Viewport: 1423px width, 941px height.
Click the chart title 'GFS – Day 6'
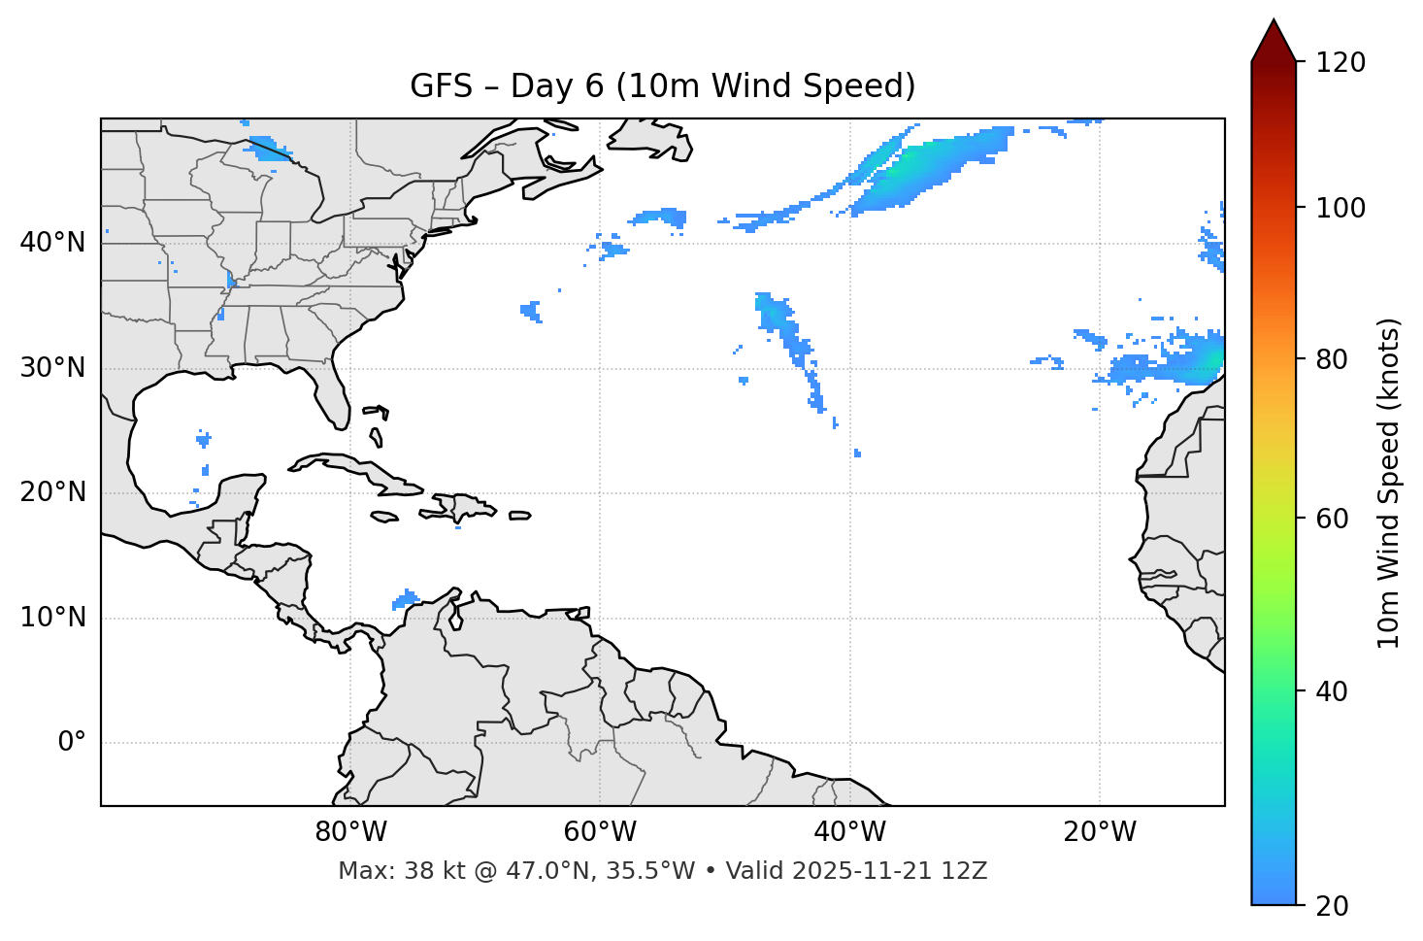662,86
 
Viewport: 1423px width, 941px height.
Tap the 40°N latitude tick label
52,243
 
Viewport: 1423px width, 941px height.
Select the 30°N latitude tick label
52,368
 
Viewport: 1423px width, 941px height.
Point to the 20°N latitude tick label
52,492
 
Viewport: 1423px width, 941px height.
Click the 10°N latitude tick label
52,618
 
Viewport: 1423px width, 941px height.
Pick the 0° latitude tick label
72,743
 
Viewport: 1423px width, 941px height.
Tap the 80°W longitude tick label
350,832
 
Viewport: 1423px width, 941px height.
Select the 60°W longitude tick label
600,832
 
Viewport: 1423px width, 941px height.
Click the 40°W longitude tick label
849,832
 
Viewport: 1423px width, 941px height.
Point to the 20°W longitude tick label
1099,832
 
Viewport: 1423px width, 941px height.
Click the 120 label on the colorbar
1340,63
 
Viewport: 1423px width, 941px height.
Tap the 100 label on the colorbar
1340,208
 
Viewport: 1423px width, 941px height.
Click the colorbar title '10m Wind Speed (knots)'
1389,483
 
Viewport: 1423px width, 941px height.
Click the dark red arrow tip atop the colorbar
1274,39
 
